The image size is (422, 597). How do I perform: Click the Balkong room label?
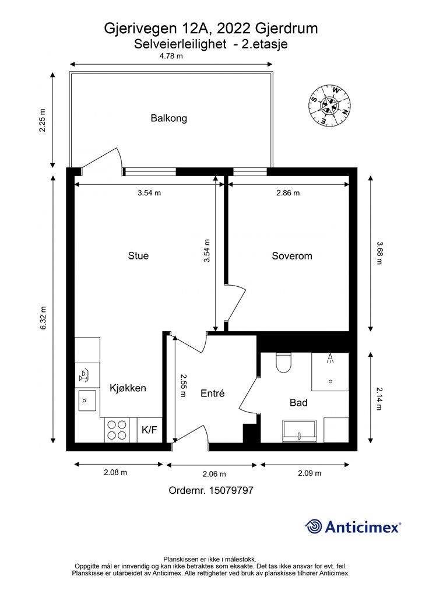click(168, 118)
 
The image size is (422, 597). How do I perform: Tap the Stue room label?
click(138, 255)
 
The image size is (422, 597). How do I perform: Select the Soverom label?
click(292, 256)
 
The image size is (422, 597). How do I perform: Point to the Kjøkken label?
click(128, 388)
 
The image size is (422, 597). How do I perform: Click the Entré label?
click(212, 394)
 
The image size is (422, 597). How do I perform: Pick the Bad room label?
click(298, 402)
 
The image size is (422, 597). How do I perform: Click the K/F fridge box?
click(150, 430)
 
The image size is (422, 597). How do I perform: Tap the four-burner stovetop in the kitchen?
click(117, 430)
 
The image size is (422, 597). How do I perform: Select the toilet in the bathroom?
click(283, 363)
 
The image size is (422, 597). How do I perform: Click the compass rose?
click(329, 106)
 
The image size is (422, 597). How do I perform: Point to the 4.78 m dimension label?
click(171, 56)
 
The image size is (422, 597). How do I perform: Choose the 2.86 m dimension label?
click(288, 192)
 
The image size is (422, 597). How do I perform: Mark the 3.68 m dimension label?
click(379, 253)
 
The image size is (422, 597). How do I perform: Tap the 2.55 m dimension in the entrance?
click(183, 386)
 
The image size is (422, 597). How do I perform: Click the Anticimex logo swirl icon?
click(314, 526)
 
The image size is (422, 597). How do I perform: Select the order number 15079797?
click(231, 490)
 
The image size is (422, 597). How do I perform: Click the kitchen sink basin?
click(87, 401)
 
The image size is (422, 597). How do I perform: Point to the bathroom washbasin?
click(300, 431)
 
